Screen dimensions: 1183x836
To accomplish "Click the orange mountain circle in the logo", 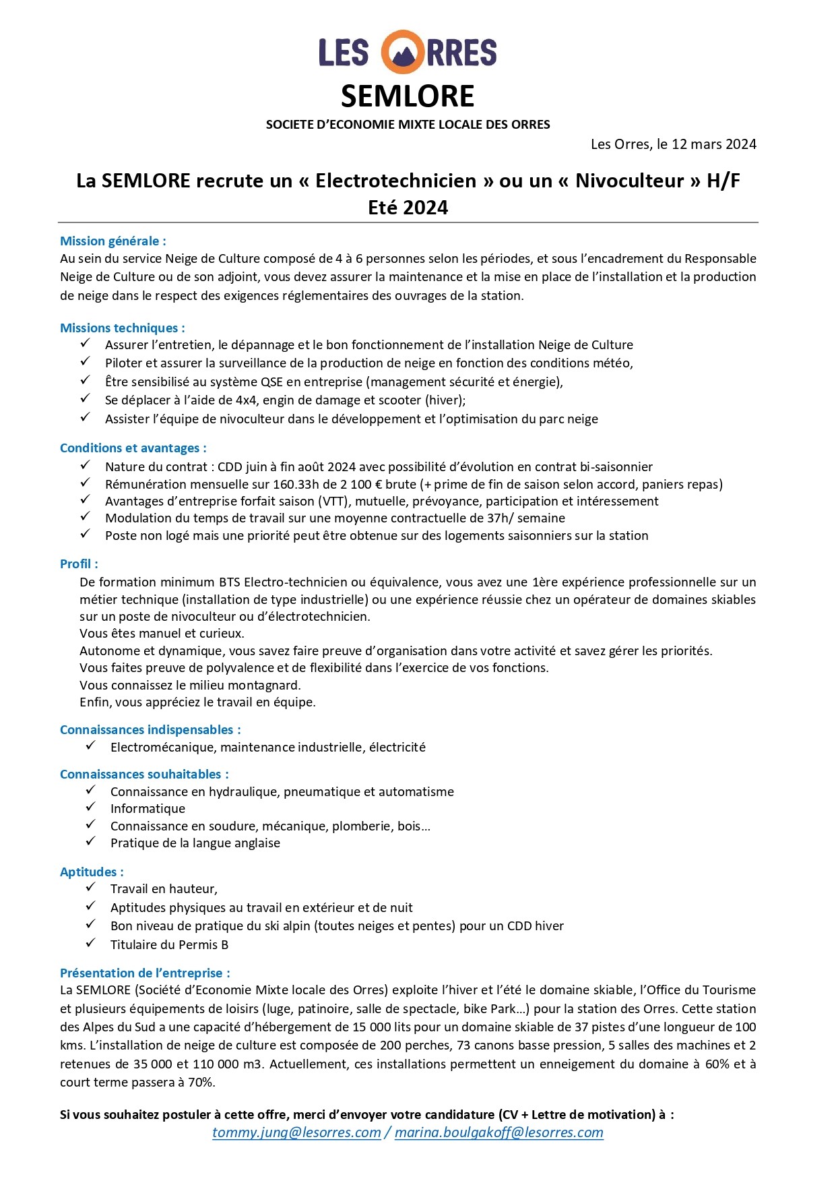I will pyautogui.click(x=403, y=52).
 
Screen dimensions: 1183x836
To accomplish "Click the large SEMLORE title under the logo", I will pyautogui.click(x=408, y=96).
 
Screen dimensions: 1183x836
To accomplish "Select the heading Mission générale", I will pyautogui.click(x=112, y=241).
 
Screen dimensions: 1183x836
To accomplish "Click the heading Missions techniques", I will pyautogui.click(x=122, y=328).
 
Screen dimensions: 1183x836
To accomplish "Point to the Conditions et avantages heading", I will pyautogui.click(x=133, y=448).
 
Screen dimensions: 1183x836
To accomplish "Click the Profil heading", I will pyautogui.click(x=79, y=564).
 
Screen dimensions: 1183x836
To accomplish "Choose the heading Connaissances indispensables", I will pyautogui.click(x=150, y=730).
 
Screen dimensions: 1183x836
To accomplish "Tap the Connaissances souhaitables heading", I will pyautogui.click(x=144, y=775).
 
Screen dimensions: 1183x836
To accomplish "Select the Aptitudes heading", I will pyautogui.click(x=92, y=872).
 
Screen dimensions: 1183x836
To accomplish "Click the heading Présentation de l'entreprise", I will pyautogui.click(x=145, y=973).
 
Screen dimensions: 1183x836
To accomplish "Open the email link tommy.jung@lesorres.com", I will pyautogui.click(x=296, y=1132).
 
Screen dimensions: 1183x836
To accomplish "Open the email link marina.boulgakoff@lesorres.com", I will pyautogui.click(x=499, y=1132).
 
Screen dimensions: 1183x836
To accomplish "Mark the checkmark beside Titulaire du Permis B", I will pyautogui.click(x=91, y=943).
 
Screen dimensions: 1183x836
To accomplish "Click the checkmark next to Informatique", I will pyautogui.click(x=91, y=807).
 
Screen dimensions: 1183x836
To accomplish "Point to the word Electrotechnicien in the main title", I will pyautogui.click(x=396, y=181).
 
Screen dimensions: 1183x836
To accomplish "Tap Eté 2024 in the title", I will pyautogui.click(x=408, y=208).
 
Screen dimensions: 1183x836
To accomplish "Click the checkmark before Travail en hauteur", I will pyautogui.click(x=91, y=887).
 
